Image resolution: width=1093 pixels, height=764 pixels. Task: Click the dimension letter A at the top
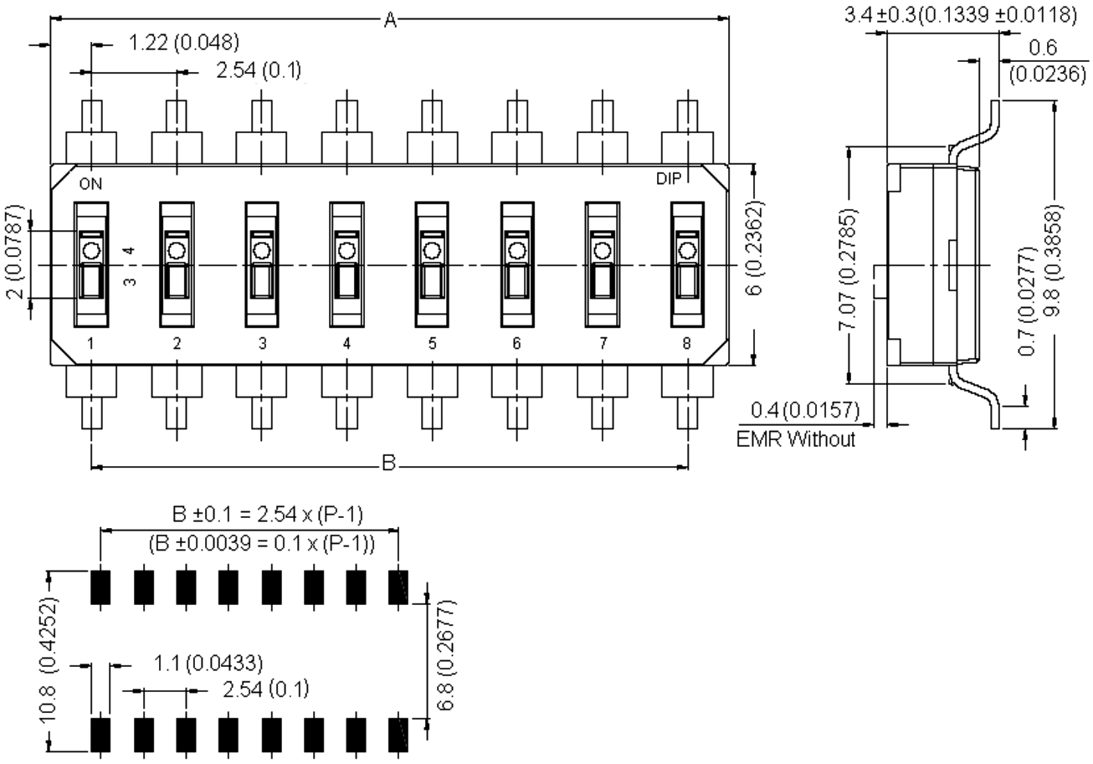[390, 20]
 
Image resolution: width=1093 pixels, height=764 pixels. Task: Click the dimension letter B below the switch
[388, 463]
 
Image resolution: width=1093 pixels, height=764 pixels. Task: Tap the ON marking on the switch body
[90, 184]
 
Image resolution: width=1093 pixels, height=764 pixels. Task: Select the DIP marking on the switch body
[668, 179]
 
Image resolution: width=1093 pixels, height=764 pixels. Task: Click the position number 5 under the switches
[433, 343]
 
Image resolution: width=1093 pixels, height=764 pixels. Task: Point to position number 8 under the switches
[686, 343]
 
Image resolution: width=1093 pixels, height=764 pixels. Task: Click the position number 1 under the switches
[90, 343]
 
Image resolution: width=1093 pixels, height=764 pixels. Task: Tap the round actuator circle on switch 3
[262, 251]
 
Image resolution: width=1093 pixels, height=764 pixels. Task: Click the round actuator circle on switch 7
[603, 251]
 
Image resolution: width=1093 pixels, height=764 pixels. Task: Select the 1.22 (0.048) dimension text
[183, 43]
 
